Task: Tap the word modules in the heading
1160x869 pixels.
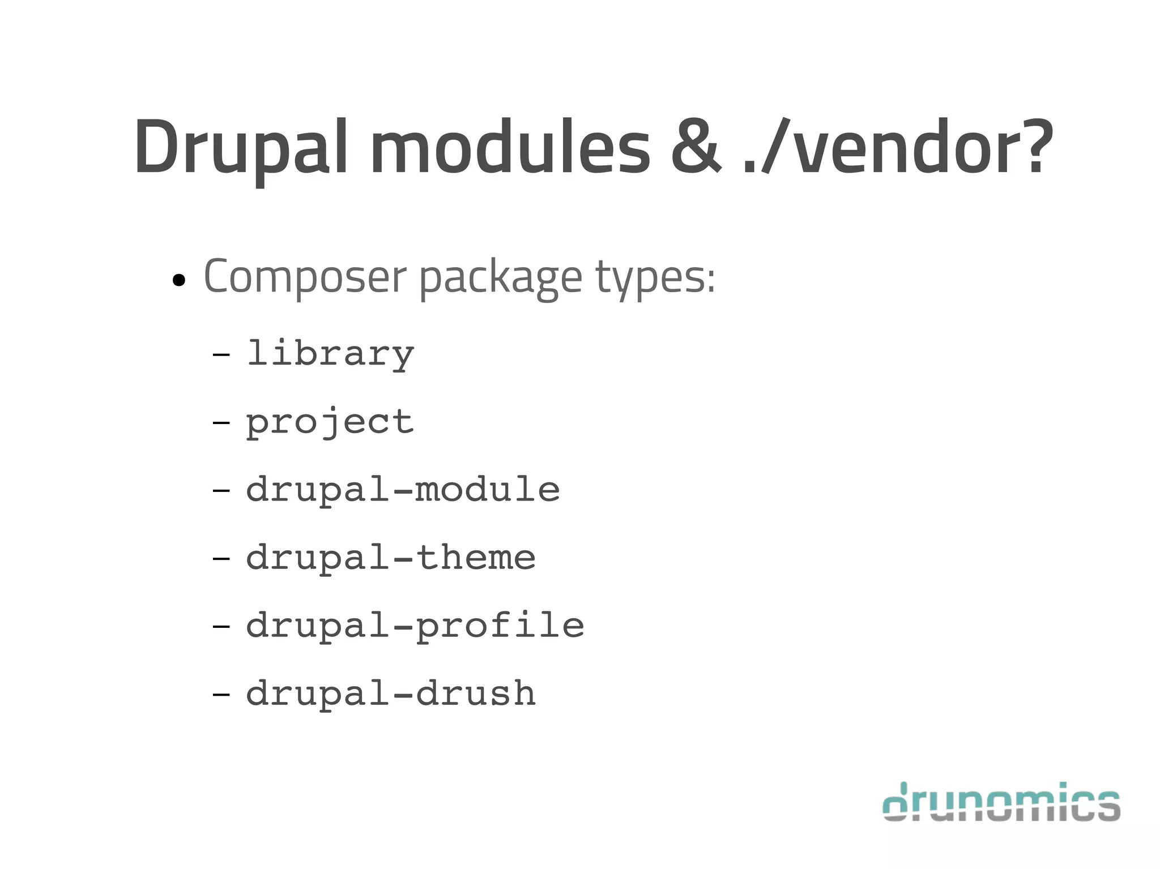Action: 510,147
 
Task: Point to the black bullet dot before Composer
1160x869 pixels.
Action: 179,280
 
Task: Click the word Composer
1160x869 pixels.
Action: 305,277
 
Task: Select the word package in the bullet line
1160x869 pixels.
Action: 501,279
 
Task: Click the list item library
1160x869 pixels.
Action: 330,354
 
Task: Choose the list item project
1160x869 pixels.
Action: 330,422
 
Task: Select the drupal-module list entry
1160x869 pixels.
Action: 403,490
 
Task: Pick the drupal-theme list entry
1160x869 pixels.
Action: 391,558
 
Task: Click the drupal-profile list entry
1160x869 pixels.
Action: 415,626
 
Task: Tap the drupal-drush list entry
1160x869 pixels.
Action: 391,694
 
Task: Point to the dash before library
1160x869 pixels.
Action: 221,356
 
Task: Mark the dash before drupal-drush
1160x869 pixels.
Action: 221,694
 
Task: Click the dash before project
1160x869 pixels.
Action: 221,422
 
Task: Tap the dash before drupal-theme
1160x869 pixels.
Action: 221,558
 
